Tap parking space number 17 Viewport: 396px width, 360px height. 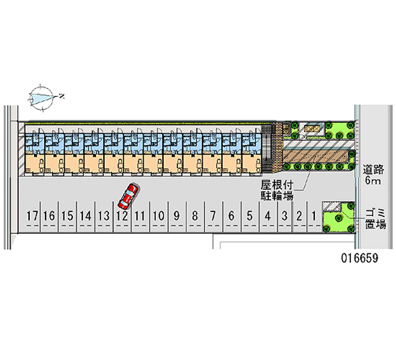pos(33,215)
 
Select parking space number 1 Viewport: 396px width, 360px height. pos(314,215)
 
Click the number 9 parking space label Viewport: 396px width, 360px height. pos(176,215)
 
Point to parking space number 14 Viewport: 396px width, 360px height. pos(86,215)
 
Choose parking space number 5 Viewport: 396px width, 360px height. pos(249,215)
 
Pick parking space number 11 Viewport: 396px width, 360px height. pos(139,215)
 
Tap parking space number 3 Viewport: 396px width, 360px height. pos(285,215)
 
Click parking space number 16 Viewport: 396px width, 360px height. pos(49,215)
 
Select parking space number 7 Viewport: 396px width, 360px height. pos(213,215)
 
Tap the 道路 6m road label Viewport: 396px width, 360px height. pos(373,174)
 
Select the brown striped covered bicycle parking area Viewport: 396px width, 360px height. pos(317,157)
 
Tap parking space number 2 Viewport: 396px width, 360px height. pos(299,215)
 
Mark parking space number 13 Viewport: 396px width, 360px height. pos(103,215)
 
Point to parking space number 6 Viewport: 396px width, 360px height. pos(231,215)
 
